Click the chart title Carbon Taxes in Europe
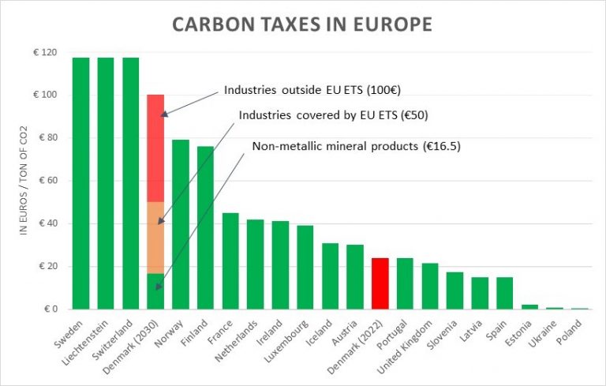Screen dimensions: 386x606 point(302,24)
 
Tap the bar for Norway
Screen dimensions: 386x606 point(181,224)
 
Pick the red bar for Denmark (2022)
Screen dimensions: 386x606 point(380,283)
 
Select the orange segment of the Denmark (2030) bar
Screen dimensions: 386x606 point(155,238)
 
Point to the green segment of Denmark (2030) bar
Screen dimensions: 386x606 point(155,291)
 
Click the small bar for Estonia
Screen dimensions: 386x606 point(530,307)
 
